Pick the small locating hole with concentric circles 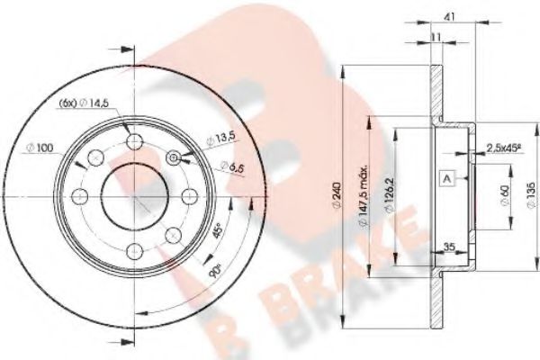pos(175,160)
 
